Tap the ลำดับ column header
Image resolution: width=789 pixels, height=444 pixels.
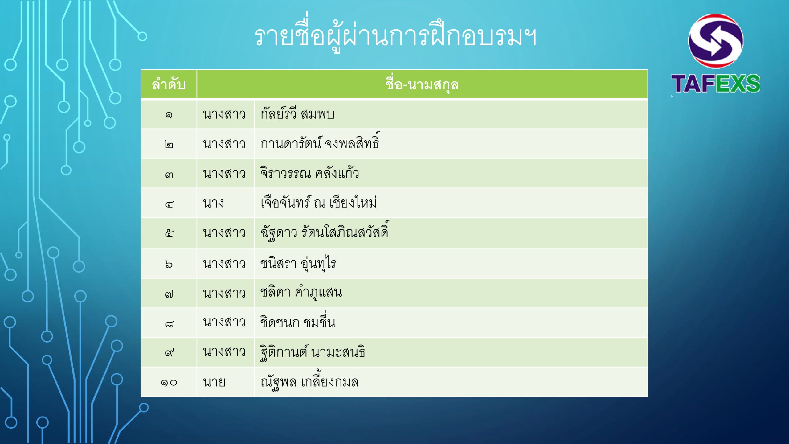169,84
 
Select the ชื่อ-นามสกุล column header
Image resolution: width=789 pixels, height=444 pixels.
422,84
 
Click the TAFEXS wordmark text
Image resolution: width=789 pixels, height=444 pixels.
716,83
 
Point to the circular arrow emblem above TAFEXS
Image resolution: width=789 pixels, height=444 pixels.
716,41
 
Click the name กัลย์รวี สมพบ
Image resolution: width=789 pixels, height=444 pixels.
297,113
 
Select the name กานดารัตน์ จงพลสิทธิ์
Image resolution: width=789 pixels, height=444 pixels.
320,142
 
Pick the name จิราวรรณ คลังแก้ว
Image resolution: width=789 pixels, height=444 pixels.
310,173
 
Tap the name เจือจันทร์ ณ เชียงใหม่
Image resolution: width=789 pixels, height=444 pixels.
319,202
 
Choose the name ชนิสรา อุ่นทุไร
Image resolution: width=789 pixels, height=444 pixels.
298,264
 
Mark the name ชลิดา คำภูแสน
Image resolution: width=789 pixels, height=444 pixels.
301,292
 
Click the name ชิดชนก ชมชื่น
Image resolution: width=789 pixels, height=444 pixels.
298,321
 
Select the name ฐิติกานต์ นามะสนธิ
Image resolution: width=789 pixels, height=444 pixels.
313,352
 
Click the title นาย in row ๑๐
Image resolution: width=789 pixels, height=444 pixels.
214,382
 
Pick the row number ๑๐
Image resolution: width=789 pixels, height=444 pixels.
169,383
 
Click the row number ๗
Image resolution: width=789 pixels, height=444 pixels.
169,294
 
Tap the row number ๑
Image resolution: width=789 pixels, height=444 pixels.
169,115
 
